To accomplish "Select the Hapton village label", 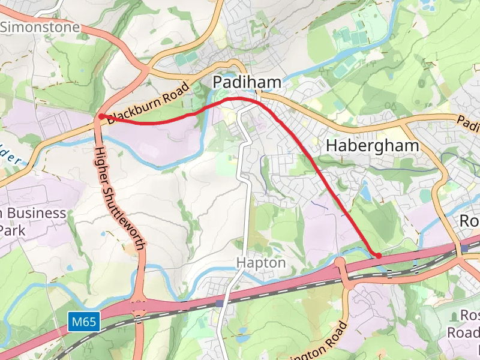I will point(261,263).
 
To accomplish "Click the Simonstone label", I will point(40,27).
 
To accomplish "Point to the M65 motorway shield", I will point(83,322).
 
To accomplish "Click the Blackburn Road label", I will point(148,103).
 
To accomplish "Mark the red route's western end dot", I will point(102,116).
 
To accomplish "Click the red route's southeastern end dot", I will point(379,256).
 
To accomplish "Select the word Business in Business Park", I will point(37,213).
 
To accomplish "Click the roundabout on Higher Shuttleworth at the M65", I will point(139,305).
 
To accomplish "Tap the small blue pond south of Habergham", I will point(365,193).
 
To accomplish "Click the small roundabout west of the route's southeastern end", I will point(340,262).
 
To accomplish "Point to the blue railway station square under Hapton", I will point(220,304).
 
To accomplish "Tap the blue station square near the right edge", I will point(465,247).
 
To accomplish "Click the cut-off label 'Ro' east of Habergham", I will point(469,221).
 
